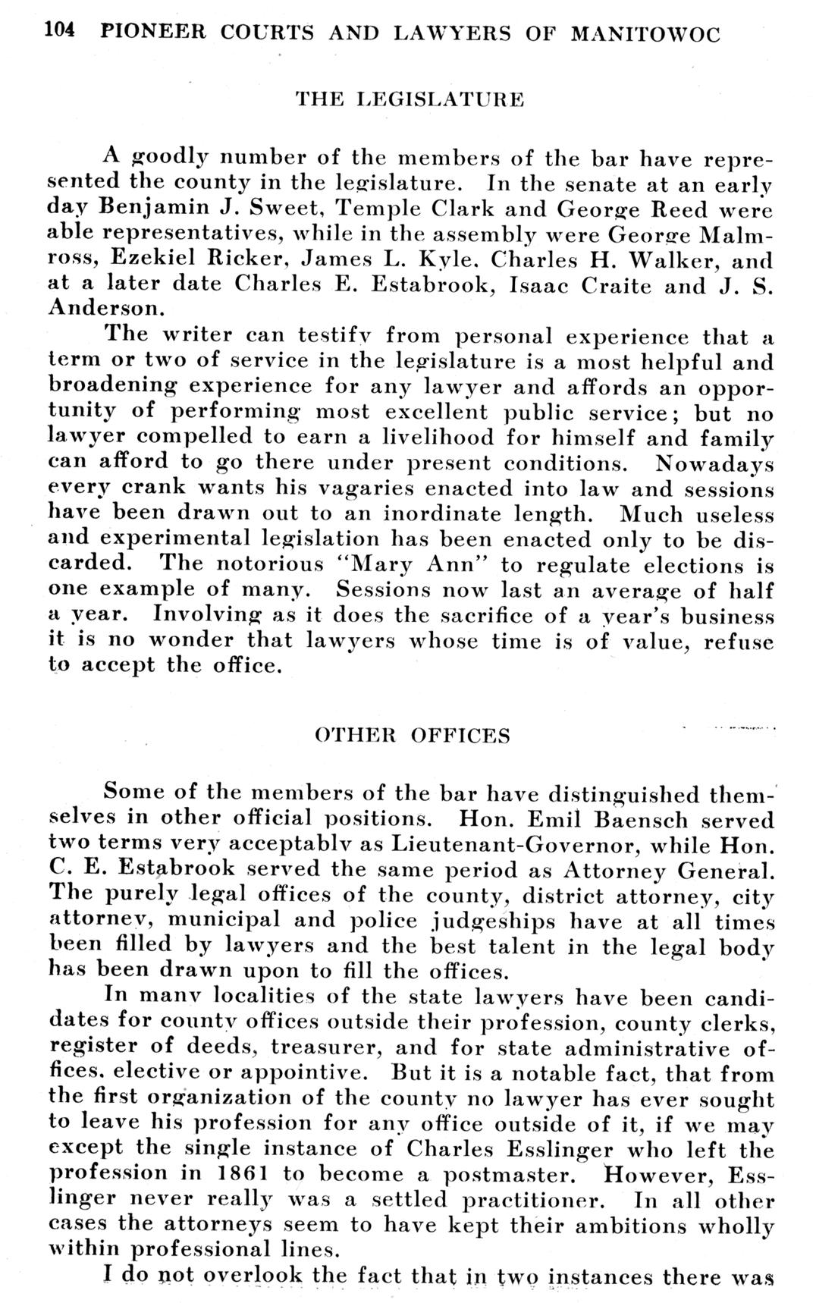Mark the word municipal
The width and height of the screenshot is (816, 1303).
click(226, 921)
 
